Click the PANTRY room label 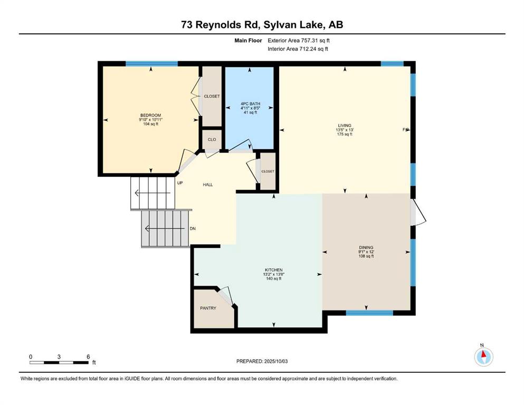[x=208, y=308]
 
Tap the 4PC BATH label [x=250, y=104]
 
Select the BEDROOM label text [x=151, y=115]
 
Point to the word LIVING [x=345, y=126]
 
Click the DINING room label [x=366, y=248]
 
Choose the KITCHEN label [x=274, y=270]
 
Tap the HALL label [x=207, y=185]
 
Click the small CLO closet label [x=212, y=140]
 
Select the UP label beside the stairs [x=180, y=183]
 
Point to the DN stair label [x=193, y=229]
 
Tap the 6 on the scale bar [x=88, y=356]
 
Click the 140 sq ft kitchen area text [x=274, y=278]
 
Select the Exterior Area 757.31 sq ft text [x=299, y=41]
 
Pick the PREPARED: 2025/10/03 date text [x=262, y=361]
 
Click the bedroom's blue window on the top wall [x=151, y=64]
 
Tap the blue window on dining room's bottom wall [x=369, y=313]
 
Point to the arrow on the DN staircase [x=165, y=229]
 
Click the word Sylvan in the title [x=278, y=25]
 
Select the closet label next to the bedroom [x=212, y=96]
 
